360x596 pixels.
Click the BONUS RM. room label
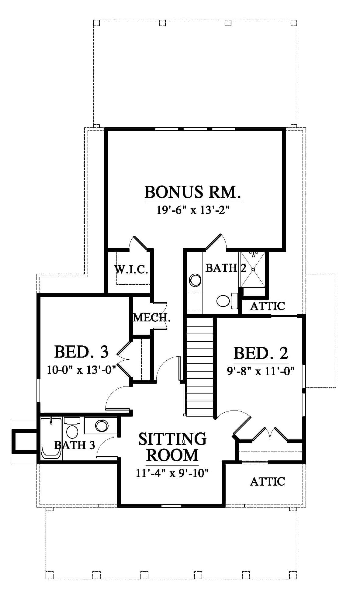tap(193, 192)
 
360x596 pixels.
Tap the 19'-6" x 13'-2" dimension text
tap(193, 210)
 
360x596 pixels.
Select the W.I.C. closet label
tap(131, 269)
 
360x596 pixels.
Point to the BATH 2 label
tap(226, 268)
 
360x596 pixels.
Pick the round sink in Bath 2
tap(195, 280)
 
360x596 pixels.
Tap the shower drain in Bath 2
tap(253, 269)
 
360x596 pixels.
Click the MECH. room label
tap(152, 318)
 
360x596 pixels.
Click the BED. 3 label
tap(81, 352)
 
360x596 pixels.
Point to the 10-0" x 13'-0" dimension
tap(81, 369)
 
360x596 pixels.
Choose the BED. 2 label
tap(261, 353)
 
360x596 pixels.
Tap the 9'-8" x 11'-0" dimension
tap(261, 371)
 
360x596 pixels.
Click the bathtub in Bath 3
tap(51, 438)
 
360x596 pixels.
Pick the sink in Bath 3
tap(102, 426)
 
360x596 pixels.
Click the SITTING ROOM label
tap(172, 447)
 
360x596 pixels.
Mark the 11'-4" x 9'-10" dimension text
tap(172, 473)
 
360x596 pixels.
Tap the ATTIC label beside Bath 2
tap(268, 306)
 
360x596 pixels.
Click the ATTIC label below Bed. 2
tap(268, 481)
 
